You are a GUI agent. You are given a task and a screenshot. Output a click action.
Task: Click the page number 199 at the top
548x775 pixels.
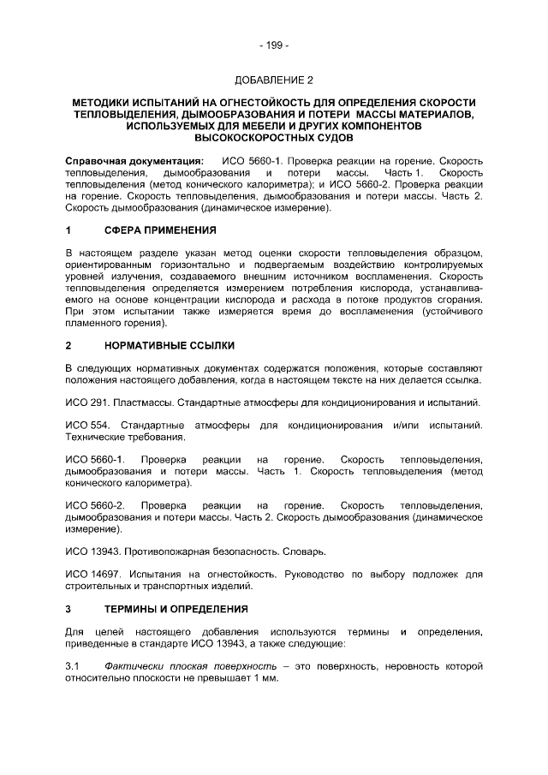(x=274, y=45)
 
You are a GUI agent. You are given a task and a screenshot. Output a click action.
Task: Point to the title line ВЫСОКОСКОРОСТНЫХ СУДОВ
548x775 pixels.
(x=274, y=136)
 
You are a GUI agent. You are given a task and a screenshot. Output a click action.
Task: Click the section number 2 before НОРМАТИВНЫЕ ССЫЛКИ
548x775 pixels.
(x=68, y=347)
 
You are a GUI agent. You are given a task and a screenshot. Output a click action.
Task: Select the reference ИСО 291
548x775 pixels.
(x=86, y=402)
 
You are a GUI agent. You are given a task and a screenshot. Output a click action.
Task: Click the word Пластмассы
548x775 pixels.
(x=141, y=402)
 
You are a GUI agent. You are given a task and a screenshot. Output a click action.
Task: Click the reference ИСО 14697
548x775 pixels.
(x=92, y=575)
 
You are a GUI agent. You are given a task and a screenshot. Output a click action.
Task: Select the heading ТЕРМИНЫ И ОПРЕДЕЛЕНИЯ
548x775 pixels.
(x=176, y=609)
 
